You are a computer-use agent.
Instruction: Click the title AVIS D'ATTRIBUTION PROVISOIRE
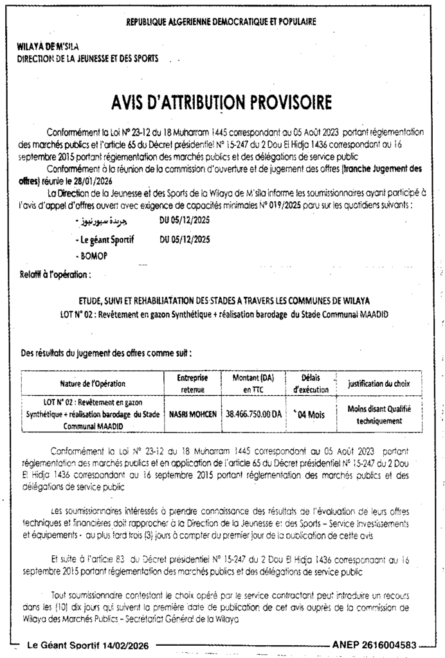(221, 103)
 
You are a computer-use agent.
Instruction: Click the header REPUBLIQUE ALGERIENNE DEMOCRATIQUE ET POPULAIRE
(221, 21)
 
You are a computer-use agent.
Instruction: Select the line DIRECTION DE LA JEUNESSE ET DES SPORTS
(86, 58)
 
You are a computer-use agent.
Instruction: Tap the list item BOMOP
(93, 256)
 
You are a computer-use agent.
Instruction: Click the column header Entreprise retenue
(192, 384)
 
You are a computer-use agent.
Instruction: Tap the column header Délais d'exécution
(311, 384)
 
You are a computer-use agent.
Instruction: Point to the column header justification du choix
(379, 384)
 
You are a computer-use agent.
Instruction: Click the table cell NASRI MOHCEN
(192, 414)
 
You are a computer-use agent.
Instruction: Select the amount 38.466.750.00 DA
(254, 414)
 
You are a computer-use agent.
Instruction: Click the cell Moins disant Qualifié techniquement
(379, 414)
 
